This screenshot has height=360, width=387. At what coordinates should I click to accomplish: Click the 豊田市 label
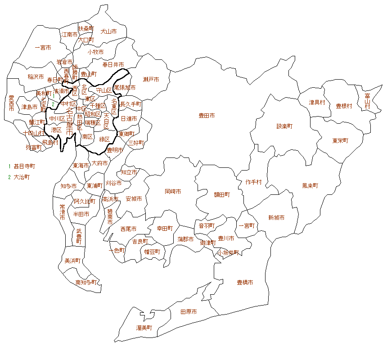pos(207,116)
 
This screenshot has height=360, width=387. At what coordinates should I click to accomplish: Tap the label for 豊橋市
pos(245,283)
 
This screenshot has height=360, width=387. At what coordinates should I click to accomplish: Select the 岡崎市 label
pos(173,191)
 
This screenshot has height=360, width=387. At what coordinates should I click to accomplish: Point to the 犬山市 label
pos(108,31)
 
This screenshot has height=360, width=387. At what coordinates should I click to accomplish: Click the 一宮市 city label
pos(43,47)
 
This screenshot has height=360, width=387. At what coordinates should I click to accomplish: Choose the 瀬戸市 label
pos(151,80)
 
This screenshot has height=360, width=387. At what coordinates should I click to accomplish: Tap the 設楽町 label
pos(284,126)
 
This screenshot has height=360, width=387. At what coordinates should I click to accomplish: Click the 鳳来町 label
pos(310,185)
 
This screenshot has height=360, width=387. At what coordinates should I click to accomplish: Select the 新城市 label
pos(276,218)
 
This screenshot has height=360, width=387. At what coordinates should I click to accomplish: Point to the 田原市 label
pos(188,312)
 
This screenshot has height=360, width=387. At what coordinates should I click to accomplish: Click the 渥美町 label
pos(144,328)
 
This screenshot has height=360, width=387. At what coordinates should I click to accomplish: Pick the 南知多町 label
pos(86,283)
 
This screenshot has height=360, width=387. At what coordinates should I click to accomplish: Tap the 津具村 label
pos(317,102)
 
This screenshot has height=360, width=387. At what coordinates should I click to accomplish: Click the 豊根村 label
pos(344,106)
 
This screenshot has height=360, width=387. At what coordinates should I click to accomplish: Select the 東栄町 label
pos(340,140)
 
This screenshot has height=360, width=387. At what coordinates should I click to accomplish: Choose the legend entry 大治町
pos(22,177)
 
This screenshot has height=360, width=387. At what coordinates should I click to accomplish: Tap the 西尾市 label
pos(129,229)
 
